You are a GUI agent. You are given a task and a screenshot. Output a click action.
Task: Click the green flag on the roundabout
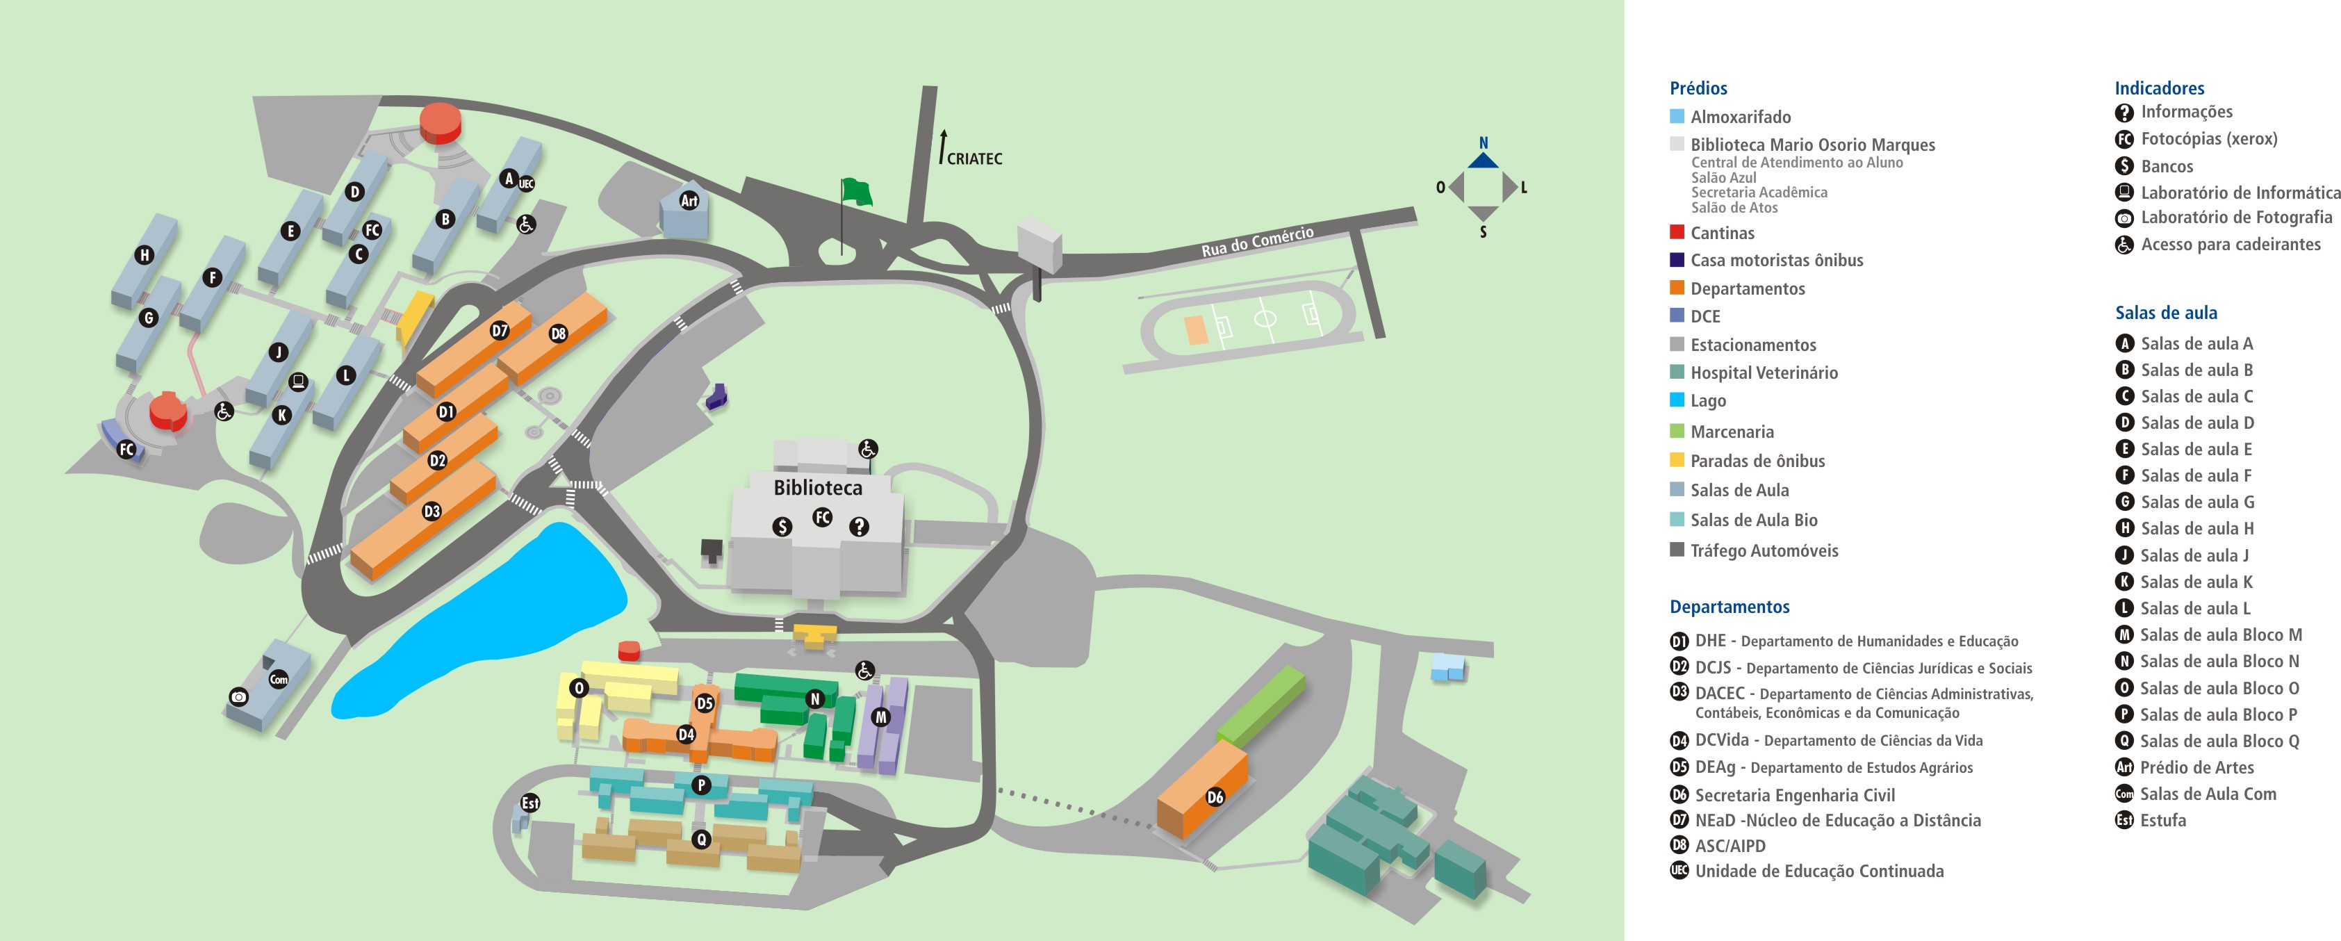coord(856,192)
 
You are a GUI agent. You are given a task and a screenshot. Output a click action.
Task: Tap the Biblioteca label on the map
coord(817,489)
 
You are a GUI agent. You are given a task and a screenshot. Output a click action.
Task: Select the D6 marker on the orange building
coord(1215,797)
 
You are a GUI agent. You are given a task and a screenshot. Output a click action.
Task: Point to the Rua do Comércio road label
coord(1257,241)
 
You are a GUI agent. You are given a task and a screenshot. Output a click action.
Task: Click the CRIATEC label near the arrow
coord(974,159)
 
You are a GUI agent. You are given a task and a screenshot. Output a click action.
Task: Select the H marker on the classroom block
coord(144,256)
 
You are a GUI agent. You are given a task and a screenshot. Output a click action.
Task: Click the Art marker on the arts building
coord(689,201)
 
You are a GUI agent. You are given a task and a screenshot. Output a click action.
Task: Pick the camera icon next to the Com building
coord(238,697)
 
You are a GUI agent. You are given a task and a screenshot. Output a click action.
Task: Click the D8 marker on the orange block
coord(558,334)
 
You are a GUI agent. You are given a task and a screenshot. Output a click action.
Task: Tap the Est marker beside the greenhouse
coord(529,803)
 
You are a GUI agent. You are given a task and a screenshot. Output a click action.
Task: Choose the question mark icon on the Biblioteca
coord(859,526)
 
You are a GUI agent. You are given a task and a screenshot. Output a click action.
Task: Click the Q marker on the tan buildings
coord(700,839)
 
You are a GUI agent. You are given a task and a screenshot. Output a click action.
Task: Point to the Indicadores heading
coord(2158,88)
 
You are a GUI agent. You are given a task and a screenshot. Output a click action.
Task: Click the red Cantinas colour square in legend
coord(1677,233)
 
